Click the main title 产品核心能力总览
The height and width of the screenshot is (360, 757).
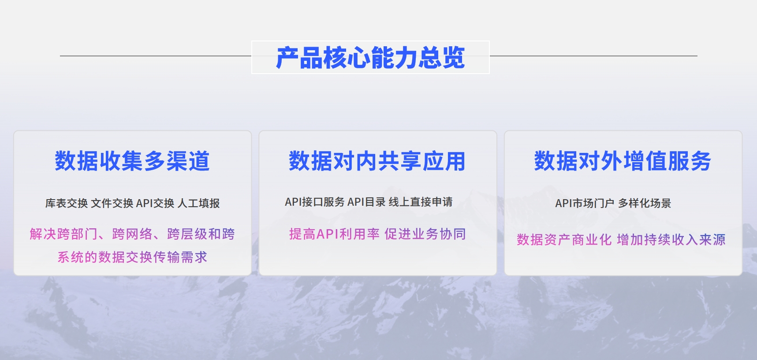(370, 58)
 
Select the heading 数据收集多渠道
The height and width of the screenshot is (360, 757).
(132, 161)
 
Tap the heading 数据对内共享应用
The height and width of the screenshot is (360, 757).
(377, 161)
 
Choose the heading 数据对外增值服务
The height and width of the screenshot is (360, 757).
(623, 161)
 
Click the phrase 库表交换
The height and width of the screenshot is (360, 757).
(67, 203)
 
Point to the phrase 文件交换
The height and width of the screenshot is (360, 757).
(112, 203)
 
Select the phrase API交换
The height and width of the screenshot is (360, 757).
(155, 203)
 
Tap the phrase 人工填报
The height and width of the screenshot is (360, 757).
(198, 203)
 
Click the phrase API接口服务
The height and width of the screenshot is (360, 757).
(315, 202)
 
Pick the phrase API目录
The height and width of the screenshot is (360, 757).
(367, 202)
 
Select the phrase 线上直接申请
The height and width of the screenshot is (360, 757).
(421, 202)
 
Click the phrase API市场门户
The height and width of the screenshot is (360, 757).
(585, 203)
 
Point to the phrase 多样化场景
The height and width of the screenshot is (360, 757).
(645, 203)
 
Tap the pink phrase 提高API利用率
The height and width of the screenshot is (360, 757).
(334, 234)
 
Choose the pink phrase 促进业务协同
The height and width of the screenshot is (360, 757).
(425, 234)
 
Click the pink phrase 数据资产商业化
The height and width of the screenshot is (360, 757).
(564, 240)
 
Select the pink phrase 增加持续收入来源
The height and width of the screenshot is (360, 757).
(671, 240)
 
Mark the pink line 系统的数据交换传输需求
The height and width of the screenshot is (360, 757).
(132, 257)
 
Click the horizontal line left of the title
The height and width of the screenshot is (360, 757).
(156, 56)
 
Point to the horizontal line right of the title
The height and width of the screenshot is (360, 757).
(593, 56)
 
